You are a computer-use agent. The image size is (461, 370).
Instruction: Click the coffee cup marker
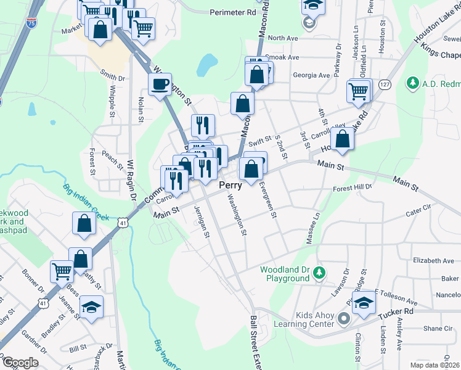(160, 84)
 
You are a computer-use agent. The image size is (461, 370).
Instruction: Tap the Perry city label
(230, 185)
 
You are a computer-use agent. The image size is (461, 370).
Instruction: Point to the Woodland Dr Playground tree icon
(319, 271)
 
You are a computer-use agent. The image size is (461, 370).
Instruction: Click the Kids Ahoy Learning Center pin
(344, 319)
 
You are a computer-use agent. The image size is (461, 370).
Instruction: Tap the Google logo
(20, 363)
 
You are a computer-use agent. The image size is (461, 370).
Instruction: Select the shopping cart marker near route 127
(358, 91)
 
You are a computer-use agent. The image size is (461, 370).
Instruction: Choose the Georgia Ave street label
(311, 75)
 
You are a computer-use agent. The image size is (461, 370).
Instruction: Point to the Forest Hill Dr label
(353, 187)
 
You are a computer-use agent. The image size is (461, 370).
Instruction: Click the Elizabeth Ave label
(433, 261)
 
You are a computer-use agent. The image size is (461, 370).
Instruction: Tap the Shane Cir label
(438, 329)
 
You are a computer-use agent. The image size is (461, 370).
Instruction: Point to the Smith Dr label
(112, 78)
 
